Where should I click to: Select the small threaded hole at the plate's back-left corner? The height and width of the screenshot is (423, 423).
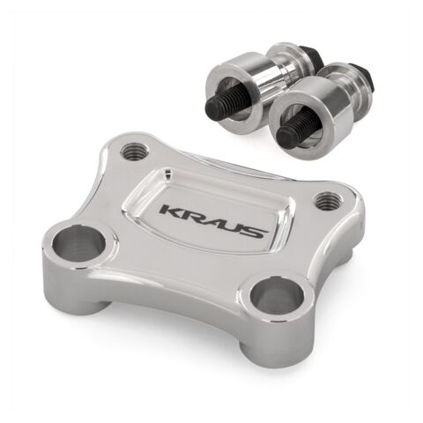point(135,151)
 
